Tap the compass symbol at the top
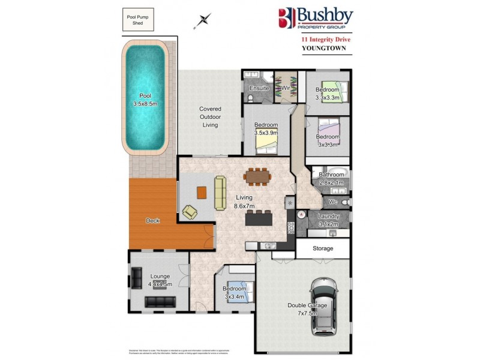coord(205,20)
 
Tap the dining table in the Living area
coord(258,176)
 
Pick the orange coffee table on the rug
coord(202,193)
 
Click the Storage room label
coord(323,248)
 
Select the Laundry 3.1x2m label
coord(328,220)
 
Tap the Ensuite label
coord(259,88)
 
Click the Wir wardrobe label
coord(286,88)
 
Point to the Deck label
coord(152,221)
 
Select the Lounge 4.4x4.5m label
coord(160,280)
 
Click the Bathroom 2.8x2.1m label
coord(331,178)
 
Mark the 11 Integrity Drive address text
coord(326,40)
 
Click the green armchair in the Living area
coord(190,211)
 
